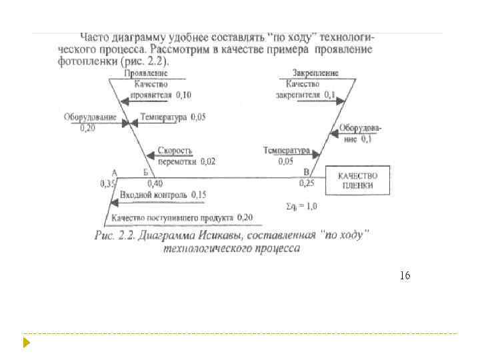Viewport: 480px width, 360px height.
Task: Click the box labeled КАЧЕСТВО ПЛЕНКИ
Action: [358, 180]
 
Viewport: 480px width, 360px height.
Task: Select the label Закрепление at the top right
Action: [315, 73]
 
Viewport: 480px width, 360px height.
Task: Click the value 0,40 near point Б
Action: [155, 183]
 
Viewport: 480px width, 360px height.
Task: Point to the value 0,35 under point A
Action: [108, 183]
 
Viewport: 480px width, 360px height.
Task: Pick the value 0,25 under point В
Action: [307, 183]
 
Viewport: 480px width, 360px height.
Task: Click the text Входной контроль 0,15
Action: [163, 195]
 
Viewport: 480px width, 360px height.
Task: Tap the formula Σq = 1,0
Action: [301, 206]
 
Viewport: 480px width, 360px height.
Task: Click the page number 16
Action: [405, 275]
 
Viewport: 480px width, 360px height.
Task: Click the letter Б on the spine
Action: [146, 172]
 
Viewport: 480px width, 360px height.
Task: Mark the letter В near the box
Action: [306, 172]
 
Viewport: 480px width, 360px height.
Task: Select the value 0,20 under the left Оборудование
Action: [87, 127]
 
